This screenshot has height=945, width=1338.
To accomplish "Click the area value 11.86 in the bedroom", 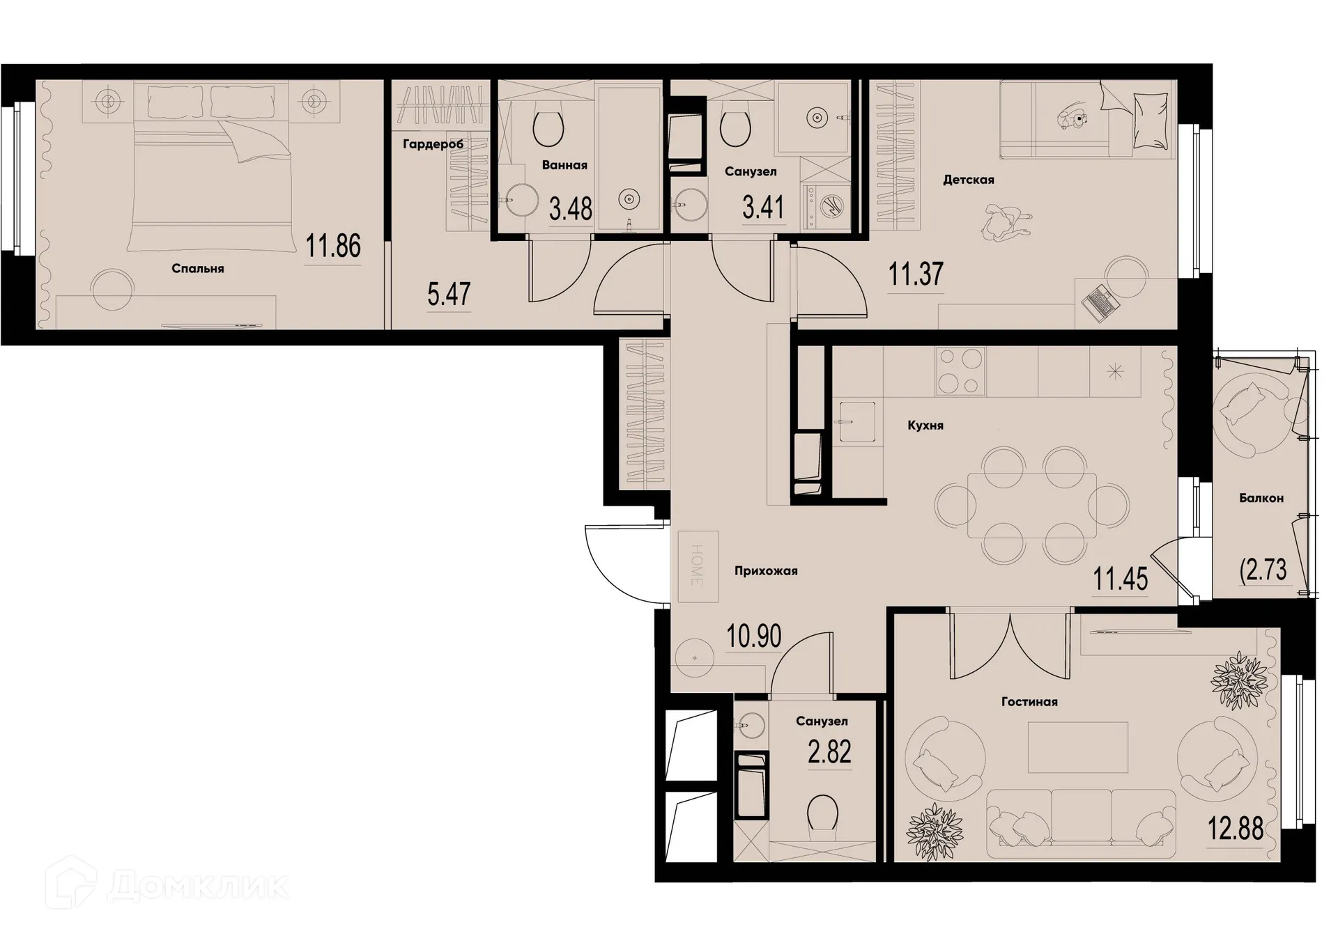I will coord(333,246).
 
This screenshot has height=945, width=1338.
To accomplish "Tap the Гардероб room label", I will coord(433,144).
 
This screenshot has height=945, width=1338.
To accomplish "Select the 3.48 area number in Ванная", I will coord(570,208).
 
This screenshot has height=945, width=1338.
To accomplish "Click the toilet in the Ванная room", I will coord(548,128).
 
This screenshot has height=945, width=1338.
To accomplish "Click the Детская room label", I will coord(968,180).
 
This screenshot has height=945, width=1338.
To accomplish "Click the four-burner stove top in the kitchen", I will coord(961,371).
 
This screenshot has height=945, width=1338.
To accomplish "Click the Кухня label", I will coord(925,425).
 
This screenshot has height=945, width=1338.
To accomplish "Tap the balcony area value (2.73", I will coord(1263,570).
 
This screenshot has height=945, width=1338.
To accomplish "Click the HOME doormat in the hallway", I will coord(698,565).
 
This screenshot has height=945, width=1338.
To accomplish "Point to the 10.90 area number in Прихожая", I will coord(753,636).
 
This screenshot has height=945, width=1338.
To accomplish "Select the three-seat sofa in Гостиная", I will coord(1081,818).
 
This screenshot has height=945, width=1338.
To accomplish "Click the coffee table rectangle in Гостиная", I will coord(1077,747).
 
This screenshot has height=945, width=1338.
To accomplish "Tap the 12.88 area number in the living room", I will coord(1235,829).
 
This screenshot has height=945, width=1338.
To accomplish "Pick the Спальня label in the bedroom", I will coord(198,269).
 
